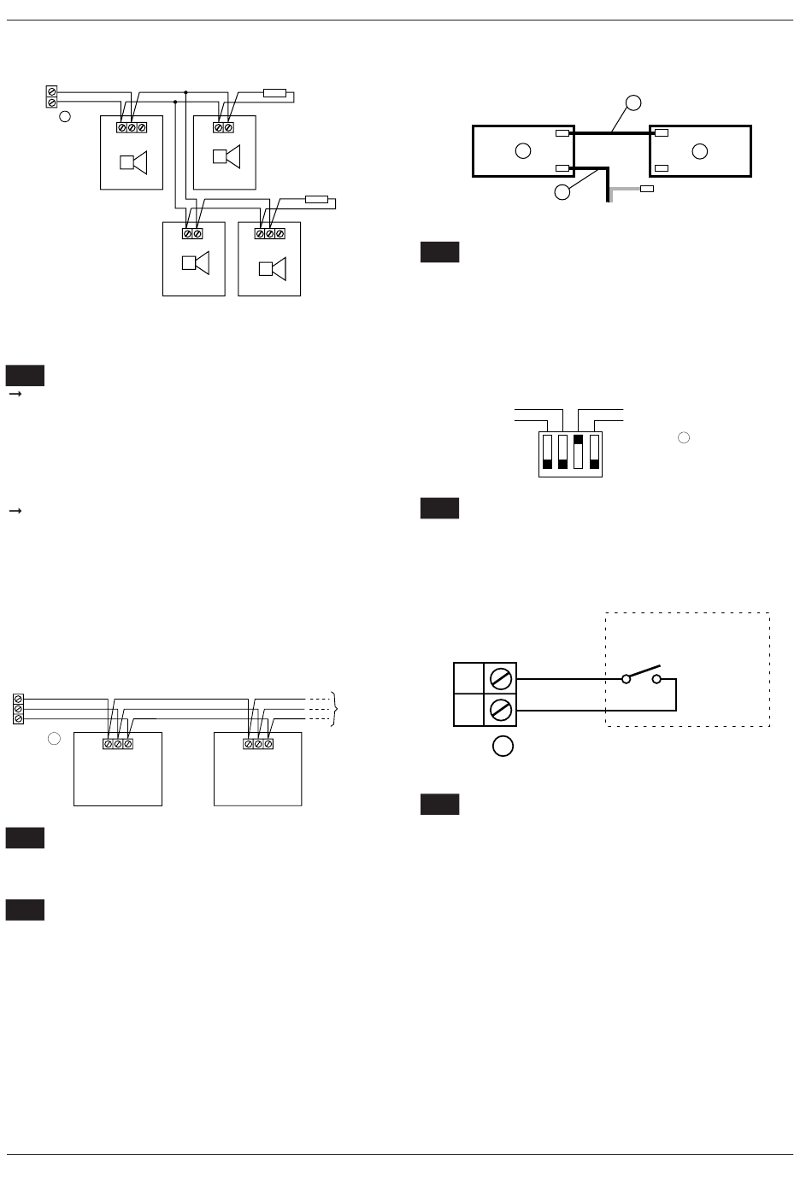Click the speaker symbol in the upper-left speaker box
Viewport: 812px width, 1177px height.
tap(134, 162)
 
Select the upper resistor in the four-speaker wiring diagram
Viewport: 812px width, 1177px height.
tap(274, 92)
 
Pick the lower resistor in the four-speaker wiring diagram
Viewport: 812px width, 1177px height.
tap(316, 200)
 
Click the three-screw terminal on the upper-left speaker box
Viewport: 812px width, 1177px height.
tap(132, 127)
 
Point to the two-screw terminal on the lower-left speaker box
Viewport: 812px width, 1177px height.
tap(192, 233)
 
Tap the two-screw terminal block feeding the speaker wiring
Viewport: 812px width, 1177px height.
tap(51, 97)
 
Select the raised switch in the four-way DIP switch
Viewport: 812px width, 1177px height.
tap(578, 451)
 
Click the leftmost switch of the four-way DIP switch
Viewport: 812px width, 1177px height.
tap(548, 451)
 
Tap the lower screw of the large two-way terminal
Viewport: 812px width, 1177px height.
tap(501, 710)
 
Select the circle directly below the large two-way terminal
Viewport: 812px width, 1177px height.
tap(503, 746)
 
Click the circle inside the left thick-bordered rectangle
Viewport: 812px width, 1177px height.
tap(523, 151)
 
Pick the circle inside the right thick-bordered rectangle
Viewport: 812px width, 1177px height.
tap(700, 151)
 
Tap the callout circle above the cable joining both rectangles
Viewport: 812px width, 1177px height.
tap(633, 103)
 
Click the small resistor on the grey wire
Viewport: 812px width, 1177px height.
tap(647, 188)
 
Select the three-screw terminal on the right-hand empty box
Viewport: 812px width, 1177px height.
tap(258, 744)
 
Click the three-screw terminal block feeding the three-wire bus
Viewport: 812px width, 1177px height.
tap(19, 709)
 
